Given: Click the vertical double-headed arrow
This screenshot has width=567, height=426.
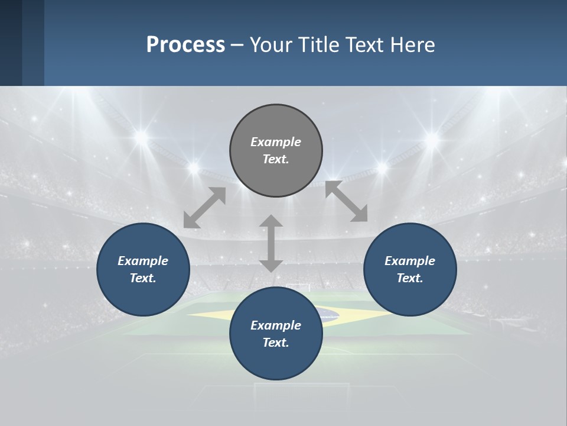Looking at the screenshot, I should coord(271,243).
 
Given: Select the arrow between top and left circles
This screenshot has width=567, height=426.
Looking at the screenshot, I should coord(204,208).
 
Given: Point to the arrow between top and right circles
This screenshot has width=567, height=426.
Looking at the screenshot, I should coord(346,201).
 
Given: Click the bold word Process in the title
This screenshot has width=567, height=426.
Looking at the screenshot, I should coord(185,44).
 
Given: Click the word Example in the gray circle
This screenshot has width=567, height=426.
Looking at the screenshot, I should coord(276,142).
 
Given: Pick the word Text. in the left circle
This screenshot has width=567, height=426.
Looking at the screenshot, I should coord(143,278).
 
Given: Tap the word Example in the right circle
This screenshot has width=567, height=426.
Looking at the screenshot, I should coord(410,261).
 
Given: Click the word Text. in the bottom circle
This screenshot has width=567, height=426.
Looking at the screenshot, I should coord(276,343).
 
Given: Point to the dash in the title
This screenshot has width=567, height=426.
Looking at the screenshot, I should coord(237,45).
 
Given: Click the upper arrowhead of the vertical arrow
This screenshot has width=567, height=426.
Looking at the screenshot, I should coord(271,222).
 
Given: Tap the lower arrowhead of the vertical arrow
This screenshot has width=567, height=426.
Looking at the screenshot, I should coord(271,264).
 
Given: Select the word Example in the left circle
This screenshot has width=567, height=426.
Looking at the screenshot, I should coord(143,261).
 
